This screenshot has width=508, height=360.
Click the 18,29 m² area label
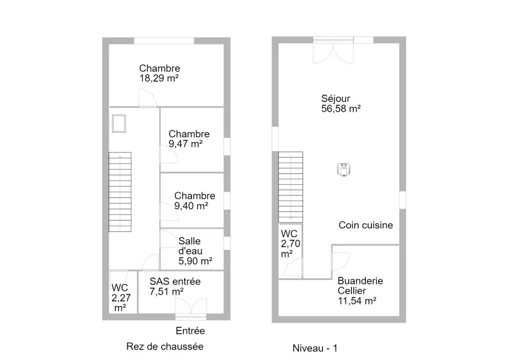tap(159, 79)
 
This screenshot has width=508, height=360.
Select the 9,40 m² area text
tap(191, 206)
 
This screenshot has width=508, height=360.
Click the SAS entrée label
tap(175, 281)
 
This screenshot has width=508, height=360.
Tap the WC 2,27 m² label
tap(121, 298)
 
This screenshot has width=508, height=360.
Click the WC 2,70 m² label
tap(290, 244)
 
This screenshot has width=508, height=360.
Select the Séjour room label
tap(336, 98)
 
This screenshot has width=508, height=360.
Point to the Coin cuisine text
tap(366, 225)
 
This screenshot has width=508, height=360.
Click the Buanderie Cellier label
tap(360, 286)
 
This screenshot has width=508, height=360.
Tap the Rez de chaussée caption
tap(165, 347)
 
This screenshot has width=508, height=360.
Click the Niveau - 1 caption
tap(315, 348)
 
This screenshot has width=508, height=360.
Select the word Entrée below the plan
tap(190, 331)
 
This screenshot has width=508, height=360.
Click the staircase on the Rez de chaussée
tap(120, 192)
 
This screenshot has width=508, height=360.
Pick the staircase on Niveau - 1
tap(290, 187)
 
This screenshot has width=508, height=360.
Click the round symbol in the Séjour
tap(344, 170)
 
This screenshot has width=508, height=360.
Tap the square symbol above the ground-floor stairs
tap(119, 123)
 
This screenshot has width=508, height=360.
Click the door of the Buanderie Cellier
tap(340, 262)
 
